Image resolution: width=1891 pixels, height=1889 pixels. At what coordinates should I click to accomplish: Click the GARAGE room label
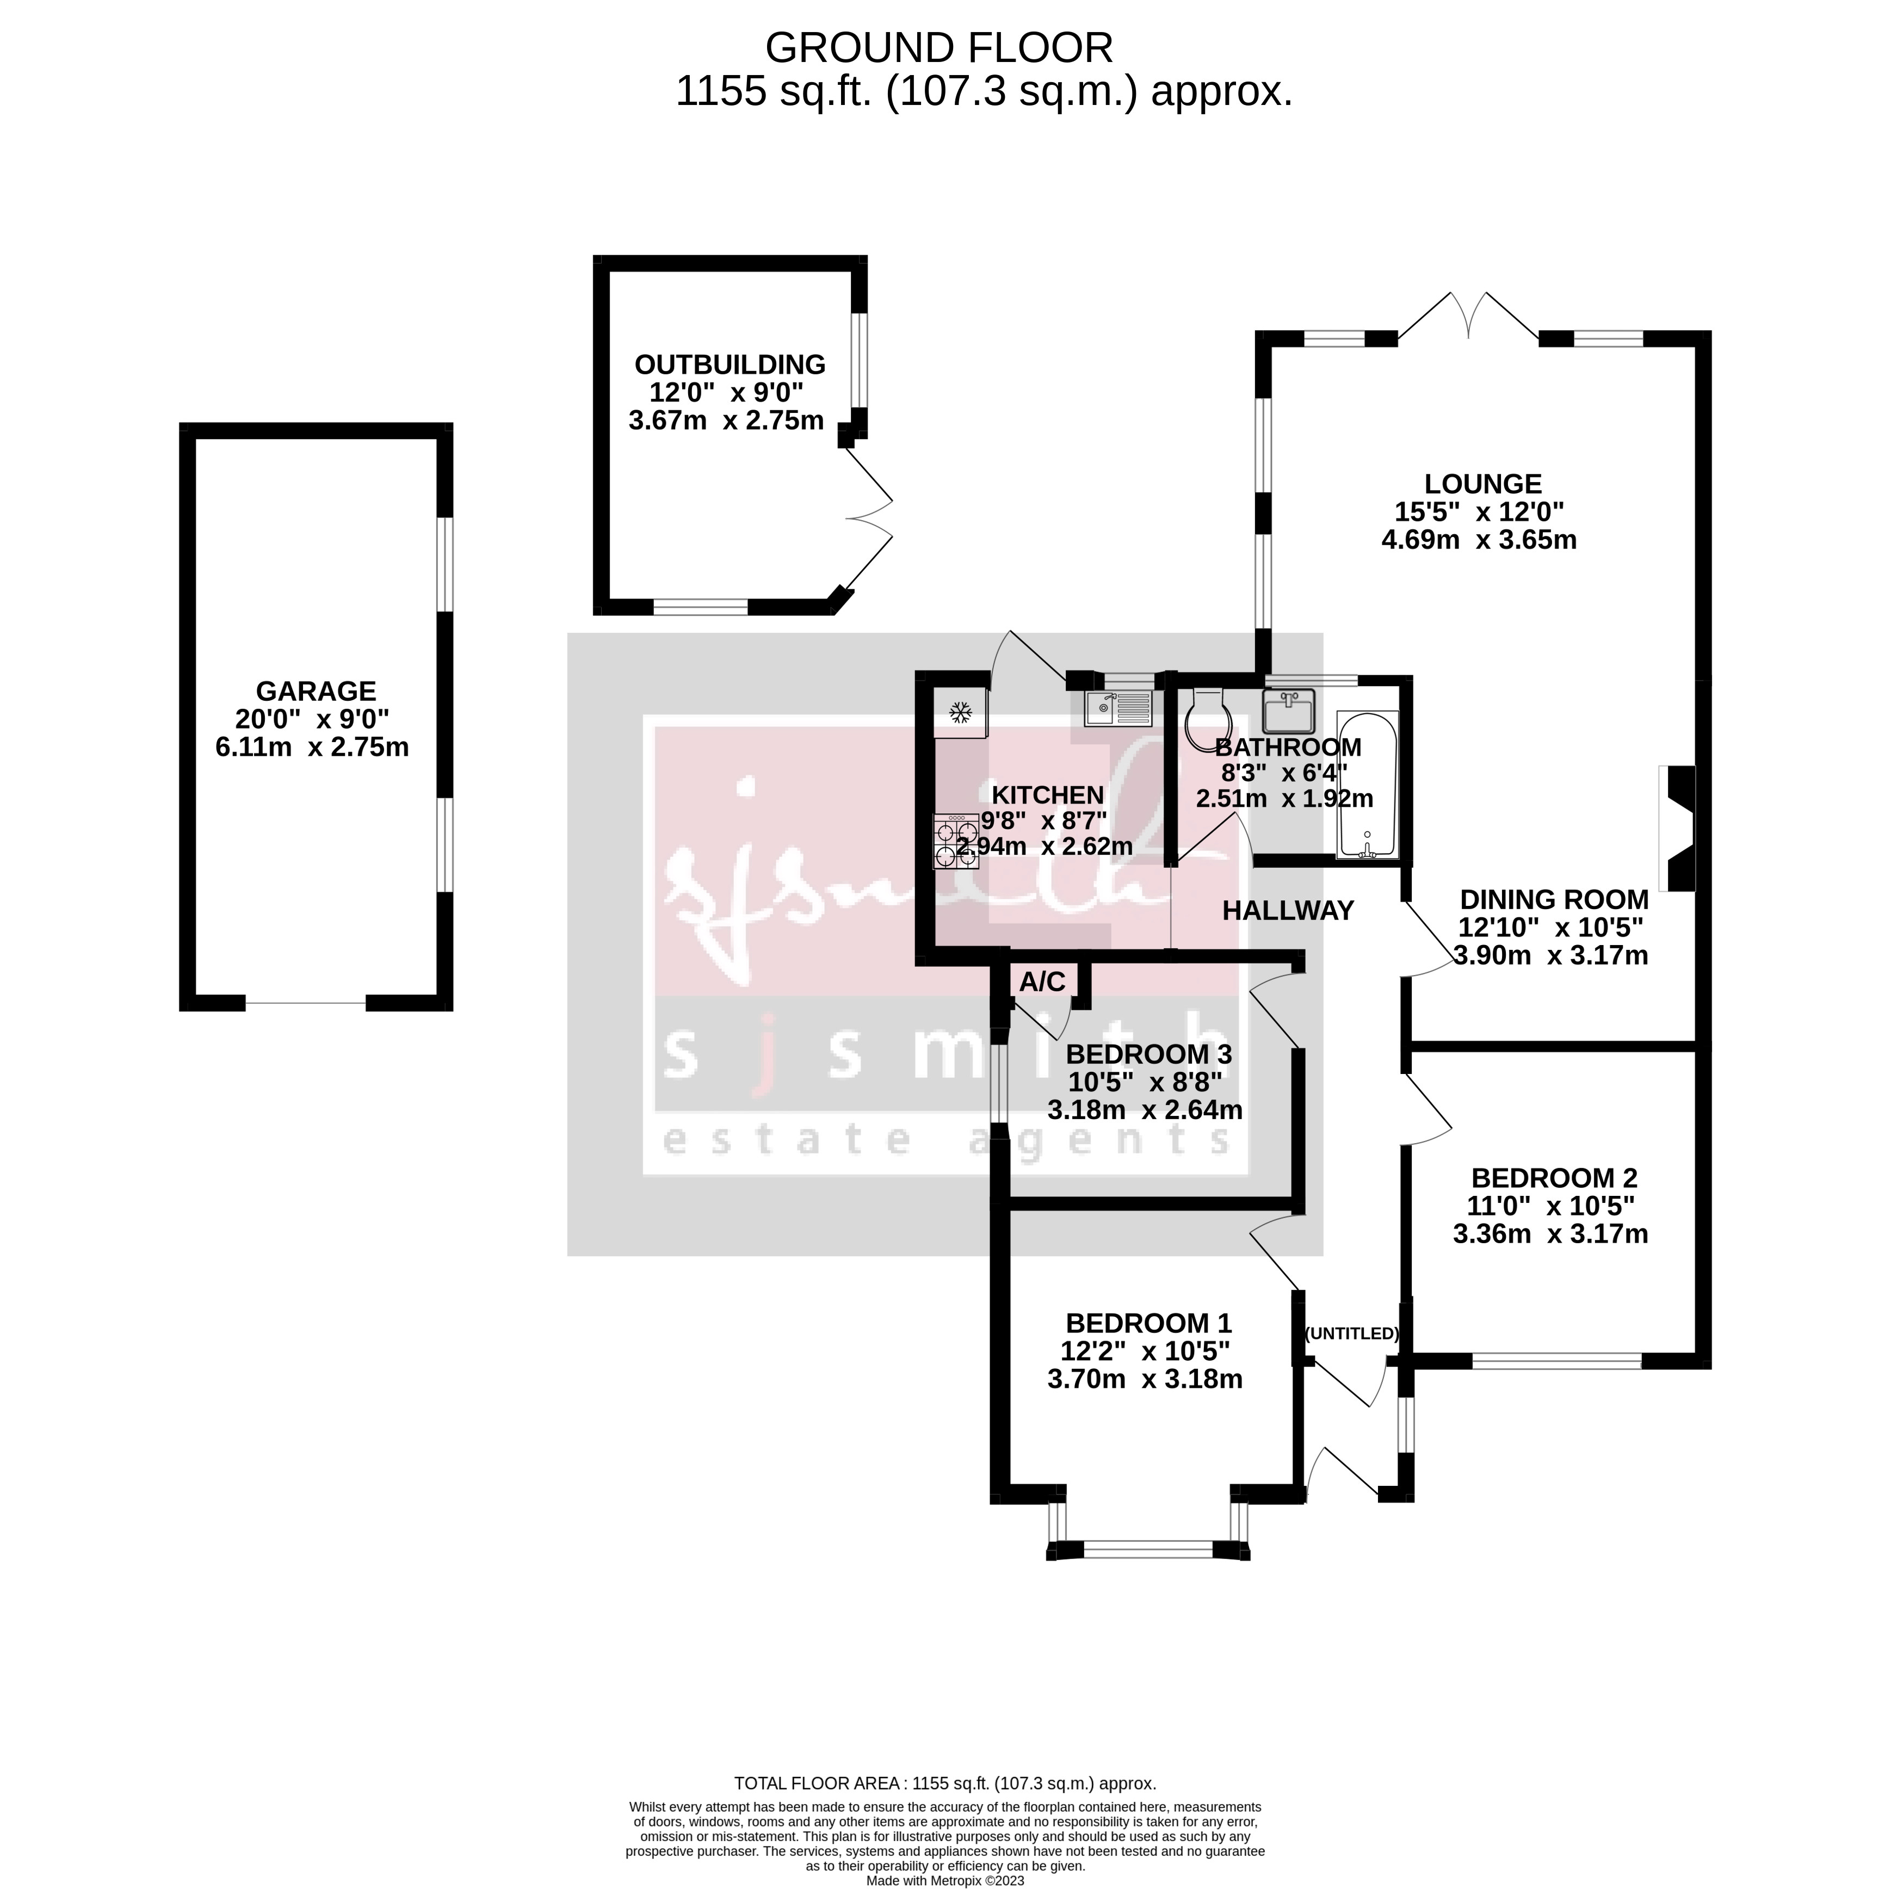point(315,692)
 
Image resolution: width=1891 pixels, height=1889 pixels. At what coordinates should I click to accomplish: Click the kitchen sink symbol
point(1118,708)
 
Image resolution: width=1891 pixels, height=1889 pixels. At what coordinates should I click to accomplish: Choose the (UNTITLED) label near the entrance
point(1352,1333)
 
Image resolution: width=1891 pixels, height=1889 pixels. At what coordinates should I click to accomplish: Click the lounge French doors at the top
point(1468,318)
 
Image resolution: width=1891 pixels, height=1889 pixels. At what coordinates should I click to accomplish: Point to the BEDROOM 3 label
point(1148,1054)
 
